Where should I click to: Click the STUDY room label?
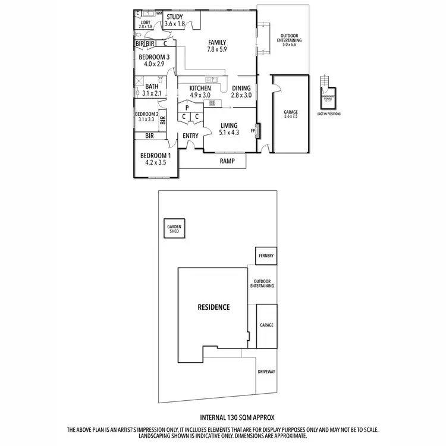(x=175, y=16)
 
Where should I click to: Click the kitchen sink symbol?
(x=211, y=79)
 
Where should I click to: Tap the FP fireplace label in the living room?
(x=253, y=131)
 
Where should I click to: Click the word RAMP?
(x=227, y=161)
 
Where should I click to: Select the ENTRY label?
(x=190, y=136)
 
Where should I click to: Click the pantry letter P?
(x=187, y=108)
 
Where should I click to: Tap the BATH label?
(x=152, y=86)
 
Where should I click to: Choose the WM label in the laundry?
(x=159, y=12)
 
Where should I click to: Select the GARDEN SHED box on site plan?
(x=174, y=229)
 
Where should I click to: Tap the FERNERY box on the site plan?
(x=266, y=256)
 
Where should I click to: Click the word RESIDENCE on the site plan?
(x=213, y=307)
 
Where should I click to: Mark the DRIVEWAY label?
(x=266, y=371)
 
